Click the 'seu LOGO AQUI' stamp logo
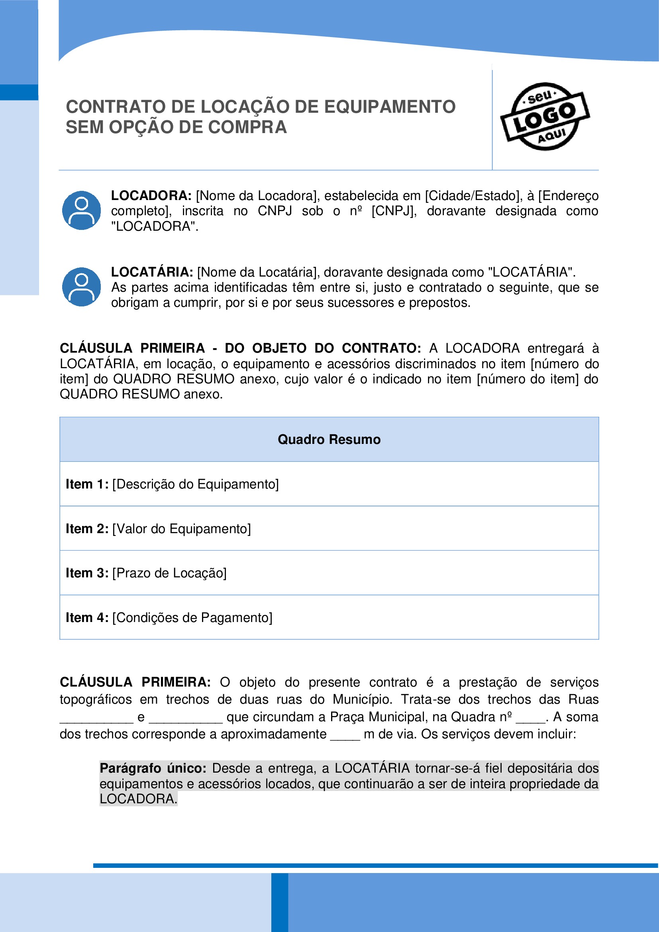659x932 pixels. click(x=545, y=116)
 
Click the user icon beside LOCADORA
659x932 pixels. click(x=82, y=210)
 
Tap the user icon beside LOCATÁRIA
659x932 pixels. click(x=82, y=286)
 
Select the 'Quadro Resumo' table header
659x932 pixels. click(x=329, y=439)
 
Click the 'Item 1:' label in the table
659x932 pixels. click(x=87, y=484)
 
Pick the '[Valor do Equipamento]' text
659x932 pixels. click(x=181, y=528)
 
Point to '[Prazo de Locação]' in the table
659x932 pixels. click(x=169, y=573)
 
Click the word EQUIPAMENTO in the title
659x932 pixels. click(x=390, y=107)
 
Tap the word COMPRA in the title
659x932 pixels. click(x=248, y=128)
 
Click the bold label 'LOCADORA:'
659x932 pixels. click(x=151, y=196)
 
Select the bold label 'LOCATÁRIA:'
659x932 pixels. click(x=152, y=272)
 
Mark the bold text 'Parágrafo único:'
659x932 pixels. click(x=153, y=768)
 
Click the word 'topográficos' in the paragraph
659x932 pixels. click(x=96, y=699)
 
